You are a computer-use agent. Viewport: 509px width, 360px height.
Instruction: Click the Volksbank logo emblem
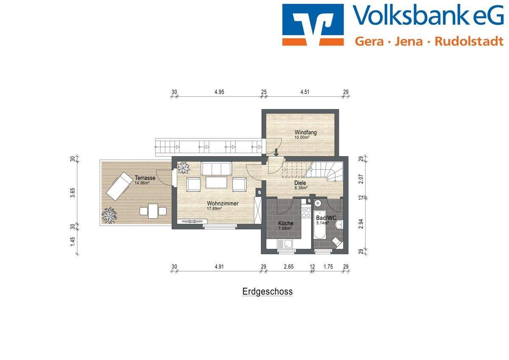(313, 25)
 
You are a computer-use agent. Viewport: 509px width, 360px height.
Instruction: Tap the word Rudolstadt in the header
(469, 41)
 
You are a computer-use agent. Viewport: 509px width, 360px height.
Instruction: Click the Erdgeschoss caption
(267, 292)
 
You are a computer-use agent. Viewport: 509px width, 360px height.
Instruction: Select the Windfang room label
(305, 132)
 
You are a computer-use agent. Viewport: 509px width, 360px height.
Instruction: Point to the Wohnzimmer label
(223, 203)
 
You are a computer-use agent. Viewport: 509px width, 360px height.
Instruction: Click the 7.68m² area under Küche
(285, 228)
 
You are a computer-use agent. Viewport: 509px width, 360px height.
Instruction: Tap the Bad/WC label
(326, 218)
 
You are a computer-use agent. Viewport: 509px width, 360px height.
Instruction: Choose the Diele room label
(300, 183)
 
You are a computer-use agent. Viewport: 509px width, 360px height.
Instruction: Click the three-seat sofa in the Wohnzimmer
(216, 168)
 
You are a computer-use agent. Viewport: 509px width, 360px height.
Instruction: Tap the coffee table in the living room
(217, 183)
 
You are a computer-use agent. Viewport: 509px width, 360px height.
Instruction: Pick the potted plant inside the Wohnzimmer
(184, 168)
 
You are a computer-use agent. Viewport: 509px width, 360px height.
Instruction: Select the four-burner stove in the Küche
(305, 212)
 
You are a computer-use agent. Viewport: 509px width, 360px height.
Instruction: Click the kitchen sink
(283, 244)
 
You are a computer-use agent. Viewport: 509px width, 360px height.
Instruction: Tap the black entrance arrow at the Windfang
(276, 151)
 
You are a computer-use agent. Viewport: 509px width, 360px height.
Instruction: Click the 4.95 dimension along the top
(219, 92)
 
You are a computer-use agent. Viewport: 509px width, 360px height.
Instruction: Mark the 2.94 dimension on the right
(361, 224)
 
